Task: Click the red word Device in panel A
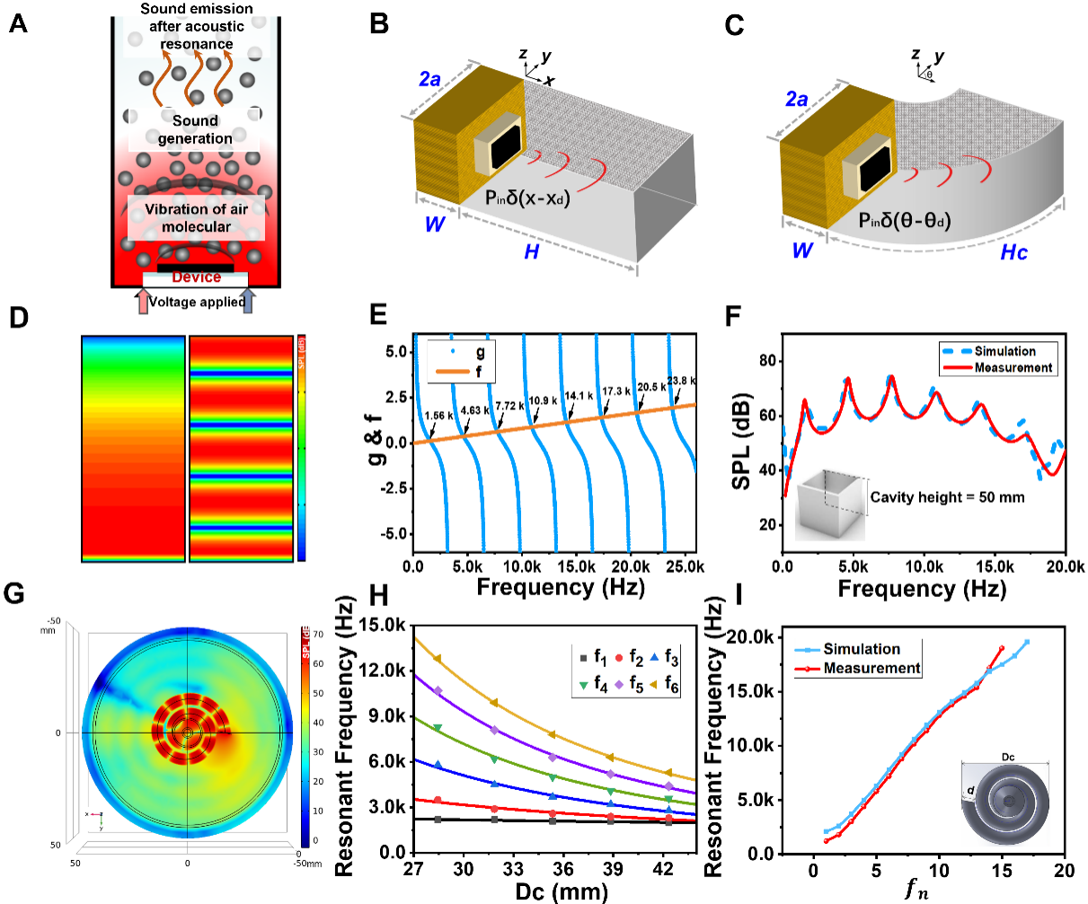(x=196, y=277)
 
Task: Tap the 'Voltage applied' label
(x=197, y=302)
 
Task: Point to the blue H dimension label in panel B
(x=532, y=252)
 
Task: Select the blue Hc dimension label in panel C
(x=1014, y=252)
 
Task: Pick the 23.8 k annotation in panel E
(x=682, y=381)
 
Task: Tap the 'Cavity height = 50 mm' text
(x=947, y=496)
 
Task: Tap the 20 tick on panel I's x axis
(x=1064, y=871)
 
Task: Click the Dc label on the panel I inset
(x=1008, y=757)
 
